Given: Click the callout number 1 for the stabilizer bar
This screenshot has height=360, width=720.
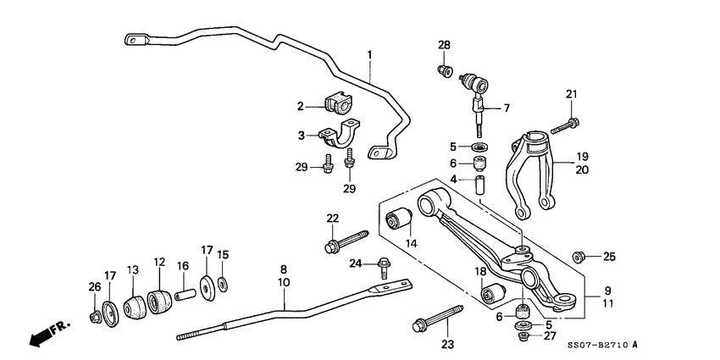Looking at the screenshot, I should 369,55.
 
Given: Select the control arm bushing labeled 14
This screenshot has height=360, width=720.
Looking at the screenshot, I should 398,222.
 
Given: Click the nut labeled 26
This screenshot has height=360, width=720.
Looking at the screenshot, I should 94,318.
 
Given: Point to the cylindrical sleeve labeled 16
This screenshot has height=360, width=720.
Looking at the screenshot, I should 186,294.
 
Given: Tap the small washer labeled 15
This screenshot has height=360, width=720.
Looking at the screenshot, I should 223,283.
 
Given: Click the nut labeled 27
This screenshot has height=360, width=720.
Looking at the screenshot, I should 523,336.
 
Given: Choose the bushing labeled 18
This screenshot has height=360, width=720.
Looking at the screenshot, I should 492,294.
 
